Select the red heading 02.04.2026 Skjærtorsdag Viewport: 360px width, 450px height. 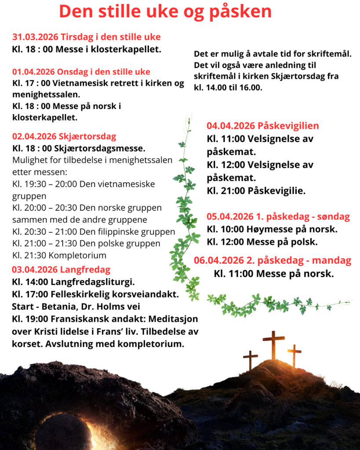(x=64, y=136)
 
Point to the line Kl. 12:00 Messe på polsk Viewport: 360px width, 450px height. (x=262, y=242)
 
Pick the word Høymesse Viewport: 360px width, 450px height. (x=269, y=229)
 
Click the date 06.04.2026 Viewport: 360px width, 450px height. (x=218, y=260)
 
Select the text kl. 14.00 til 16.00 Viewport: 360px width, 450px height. (x=228, y=87)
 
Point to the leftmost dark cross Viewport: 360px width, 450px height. (x=251, y=359)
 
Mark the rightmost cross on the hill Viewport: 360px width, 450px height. (x=294, y=355)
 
